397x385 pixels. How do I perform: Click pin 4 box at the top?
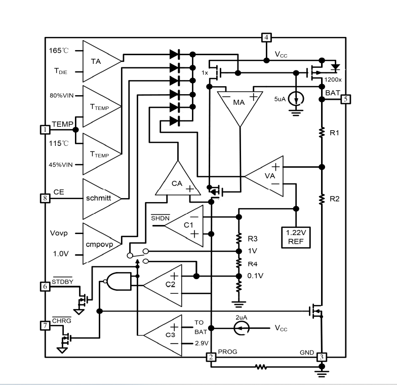pyautogui.click(x=266, y=37)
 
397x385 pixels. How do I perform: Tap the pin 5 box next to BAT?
pyautogui.click(x=346, y=99)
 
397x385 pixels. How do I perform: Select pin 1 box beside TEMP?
pyautogui.click(x=45, y=130)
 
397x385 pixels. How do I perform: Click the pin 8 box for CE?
pyautogui.click(x=45, y=198)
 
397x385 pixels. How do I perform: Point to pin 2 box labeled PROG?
pyautogui.click(x=211, y=357)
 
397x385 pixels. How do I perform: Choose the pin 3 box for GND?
pyautogui.click(x=322, y=357)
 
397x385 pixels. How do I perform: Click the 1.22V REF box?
pyautogui.click(x=296, y=237)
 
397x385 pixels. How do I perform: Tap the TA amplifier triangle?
pyautogui.click(x=102, y=61)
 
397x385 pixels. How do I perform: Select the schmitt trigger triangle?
pyautogui.click(x=102, y=199)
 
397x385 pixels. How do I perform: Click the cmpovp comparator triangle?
pyautogui.click(x=102, y=244)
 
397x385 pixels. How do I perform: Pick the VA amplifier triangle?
pyautogui.click(x=264, y=176)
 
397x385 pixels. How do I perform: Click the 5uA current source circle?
pyautogui.click(x=296, y=99)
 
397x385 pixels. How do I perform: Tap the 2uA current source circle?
pyautogui.click(x=241, y=328)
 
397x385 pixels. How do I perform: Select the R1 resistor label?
pyautogui.click(x=334, y=133)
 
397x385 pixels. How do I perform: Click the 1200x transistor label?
pyautogui.click(x=333, y=80)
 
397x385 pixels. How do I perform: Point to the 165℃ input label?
pyautogui.click(x=59, y=51)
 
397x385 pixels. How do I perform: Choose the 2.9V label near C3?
pyautogui.click(x=202, y=343)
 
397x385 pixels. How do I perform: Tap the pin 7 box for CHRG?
pyautogui.click(x=45, y=325)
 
